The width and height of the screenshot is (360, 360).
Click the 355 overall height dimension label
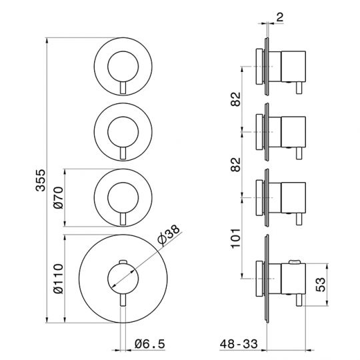(41, 180)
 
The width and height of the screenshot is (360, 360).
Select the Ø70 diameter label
(58, 198)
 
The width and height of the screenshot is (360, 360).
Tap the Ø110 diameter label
(58, 279)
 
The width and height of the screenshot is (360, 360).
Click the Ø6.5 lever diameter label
(150, 344)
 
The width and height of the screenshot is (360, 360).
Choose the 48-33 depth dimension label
(239, 344)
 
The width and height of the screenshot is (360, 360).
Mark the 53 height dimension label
(321, 285)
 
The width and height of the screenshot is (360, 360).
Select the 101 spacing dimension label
(236, 238)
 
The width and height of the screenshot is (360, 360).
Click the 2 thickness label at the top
(280, 17)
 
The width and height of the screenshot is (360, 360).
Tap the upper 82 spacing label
(236, 99)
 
